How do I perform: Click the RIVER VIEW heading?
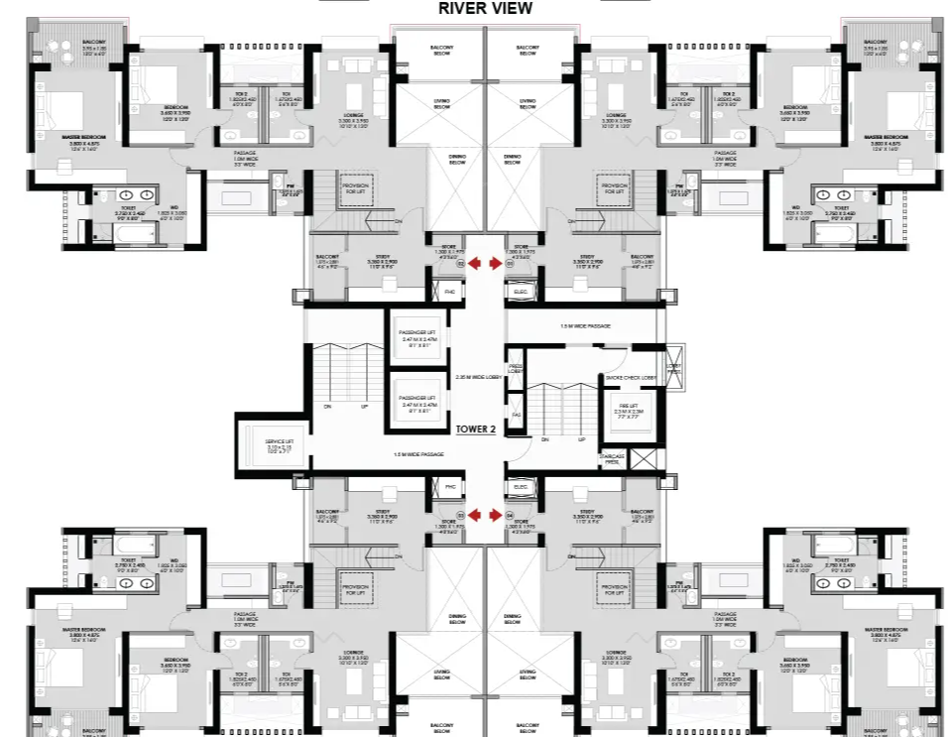[485, 9]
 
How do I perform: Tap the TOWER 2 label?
[476, 430]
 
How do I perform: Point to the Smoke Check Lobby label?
[631, 378]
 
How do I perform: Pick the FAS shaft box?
[517, 414]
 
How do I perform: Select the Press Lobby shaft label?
[516, 368]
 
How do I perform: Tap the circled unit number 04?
[510, 516]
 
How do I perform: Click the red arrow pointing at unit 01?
[495, 264]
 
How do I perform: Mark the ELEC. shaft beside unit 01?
[522, 292]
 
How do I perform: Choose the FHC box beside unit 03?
[449, 486]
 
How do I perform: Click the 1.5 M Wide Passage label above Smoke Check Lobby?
[585, 325]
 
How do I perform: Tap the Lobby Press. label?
[674, 368]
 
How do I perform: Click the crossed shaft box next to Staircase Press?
[643, 459]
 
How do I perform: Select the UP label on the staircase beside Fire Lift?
[581, 439]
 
